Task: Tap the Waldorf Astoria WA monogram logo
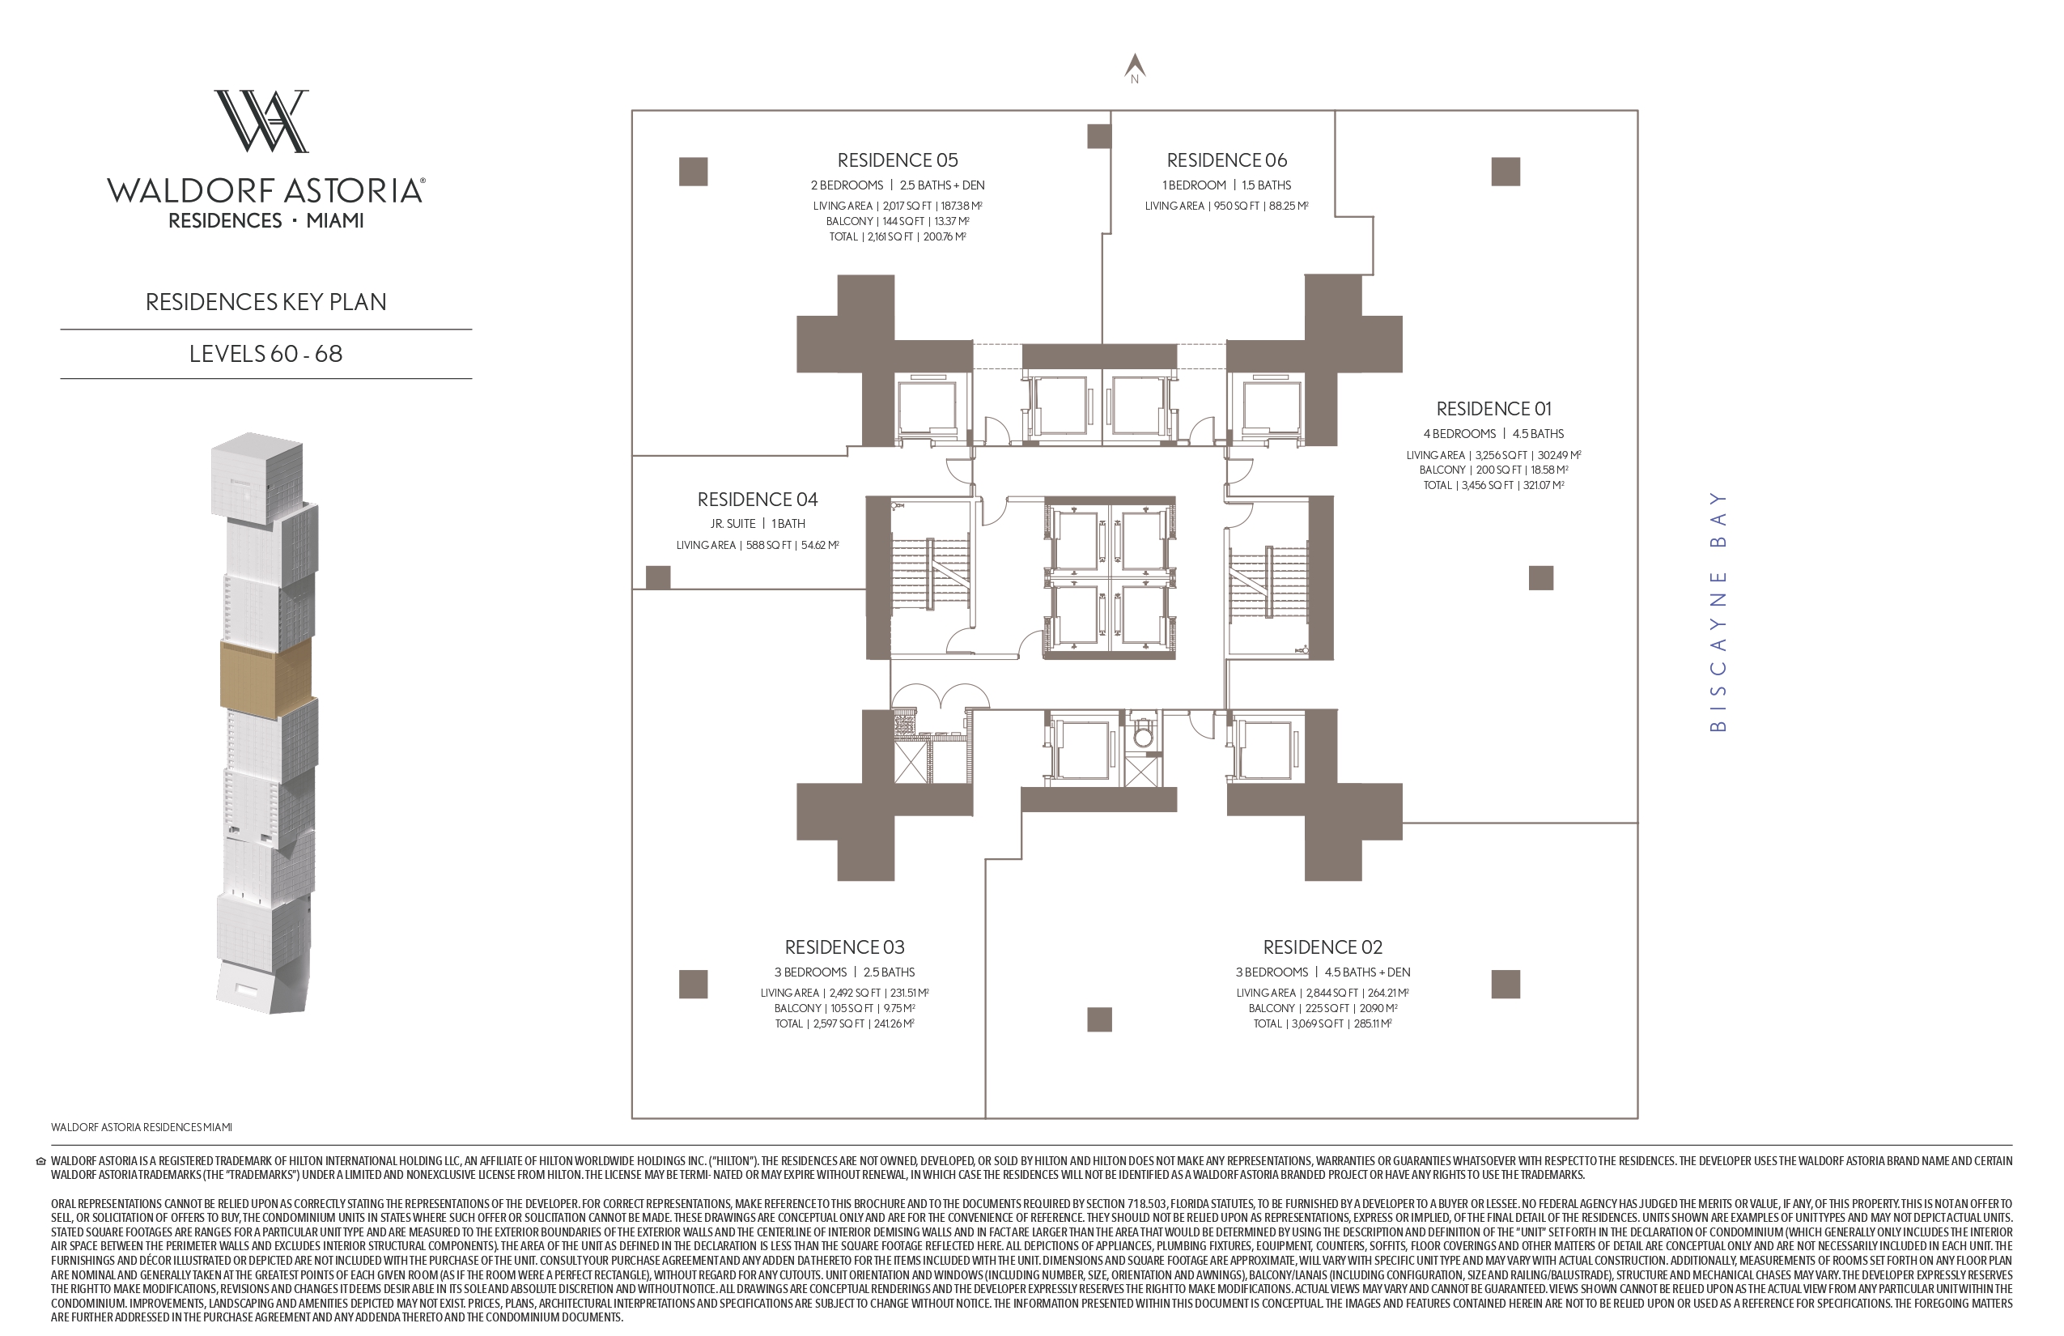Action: pyautogui.click(x=261, y=121)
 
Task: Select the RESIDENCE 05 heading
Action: pyautogui.click(x=898, y=160)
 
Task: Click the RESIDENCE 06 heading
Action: pyautogui.click(x=1226, y=160)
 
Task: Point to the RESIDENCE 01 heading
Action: pyautogui.click(x=1493, y=409)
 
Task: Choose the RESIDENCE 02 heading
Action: pyautogui.click(x=1323, y=947)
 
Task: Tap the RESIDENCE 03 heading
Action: pyautogui.click(x=845, y=947)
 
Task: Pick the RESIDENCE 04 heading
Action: pyautogui.click(x=757, y=500)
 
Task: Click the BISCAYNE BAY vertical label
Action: pyautogui.click(x=1717, y=611)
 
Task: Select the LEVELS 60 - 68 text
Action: pyautogui.click(x=266, y=354)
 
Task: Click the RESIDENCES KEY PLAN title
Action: pyautogui.click(x=266, y=302)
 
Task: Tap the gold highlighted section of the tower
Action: pyautogui.click(x=265, y=679)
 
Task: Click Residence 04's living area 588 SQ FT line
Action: pyautogui.click(x=757, y=546)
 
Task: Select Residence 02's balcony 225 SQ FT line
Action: pyautogui.click(x=1323, y=1008)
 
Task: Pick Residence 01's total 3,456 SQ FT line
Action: pyautogui.click(x=1493, y=486)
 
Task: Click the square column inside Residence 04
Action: pyautogui.click(x=658, y=578)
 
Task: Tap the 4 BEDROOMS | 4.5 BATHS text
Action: pyautogui.click(x=1493, y=434)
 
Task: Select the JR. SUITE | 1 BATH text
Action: pyautogui.click(x=757, y=524)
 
